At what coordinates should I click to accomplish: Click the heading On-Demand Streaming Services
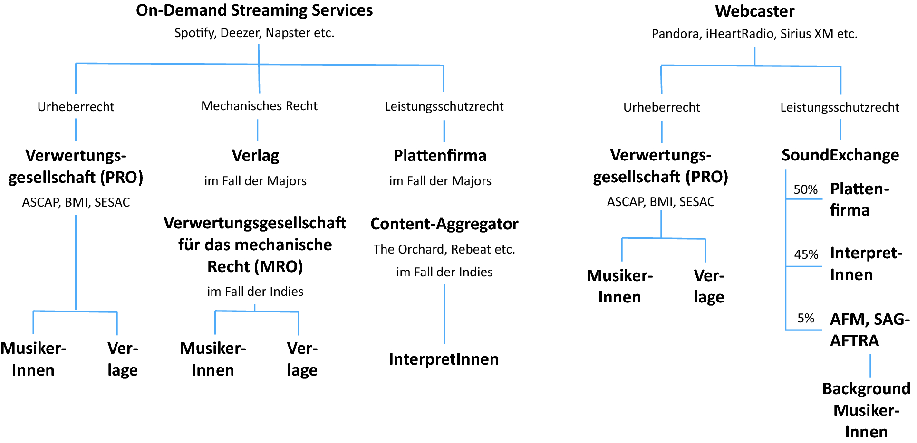(254, 10)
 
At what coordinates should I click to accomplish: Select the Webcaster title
(754, 11)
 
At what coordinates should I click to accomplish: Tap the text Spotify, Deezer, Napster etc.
(254, 33)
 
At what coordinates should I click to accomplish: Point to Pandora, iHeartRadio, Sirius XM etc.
(754, 34)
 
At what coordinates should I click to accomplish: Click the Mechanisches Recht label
(259, 106)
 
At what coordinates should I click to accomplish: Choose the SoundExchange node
(840, 155)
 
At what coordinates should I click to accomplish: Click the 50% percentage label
(805, 189)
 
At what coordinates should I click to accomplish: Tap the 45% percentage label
(806, 254)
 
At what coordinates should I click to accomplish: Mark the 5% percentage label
(806, 318)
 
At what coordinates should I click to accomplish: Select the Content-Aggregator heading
(444, 224)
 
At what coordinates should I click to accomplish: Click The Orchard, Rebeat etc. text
(444, 249)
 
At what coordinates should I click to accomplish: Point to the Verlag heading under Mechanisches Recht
(255, 156)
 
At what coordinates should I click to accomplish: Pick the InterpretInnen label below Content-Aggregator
(444, 359)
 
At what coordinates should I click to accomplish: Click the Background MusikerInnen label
(866, 410)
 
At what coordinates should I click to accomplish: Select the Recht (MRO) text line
(255, 266)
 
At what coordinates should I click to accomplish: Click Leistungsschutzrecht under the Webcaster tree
(840, 107)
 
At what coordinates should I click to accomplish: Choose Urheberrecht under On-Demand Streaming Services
(76, 107)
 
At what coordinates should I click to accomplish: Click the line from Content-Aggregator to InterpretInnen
(444, 313)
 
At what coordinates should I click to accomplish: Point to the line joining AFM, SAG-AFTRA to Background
(870, 366)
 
